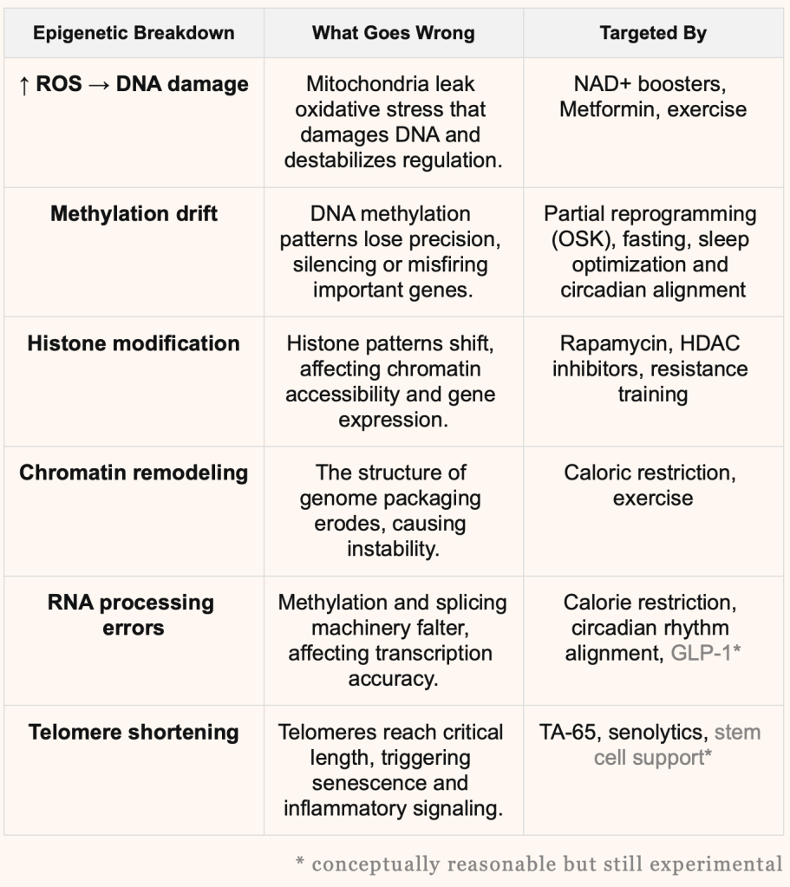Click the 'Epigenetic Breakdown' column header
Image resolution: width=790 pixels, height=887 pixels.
click(x=134, y=34)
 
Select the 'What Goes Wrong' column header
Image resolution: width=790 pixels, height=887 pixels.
click(x=394, y=34)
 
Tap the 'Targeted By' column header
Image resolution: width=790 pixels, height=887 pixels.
click(x=653, y=34)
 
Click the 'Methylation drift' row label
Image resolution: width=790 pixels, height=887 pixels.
click(x=134, y=213)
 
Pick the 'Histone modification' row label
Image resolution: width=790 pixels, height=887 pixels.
click(x=134, y=342)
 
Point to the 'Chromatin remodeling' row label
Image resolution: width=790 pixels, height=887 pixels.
click(x=134, y=473)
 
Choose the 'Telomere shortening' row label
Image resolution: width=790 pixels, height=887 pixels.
click(x=134, y=732)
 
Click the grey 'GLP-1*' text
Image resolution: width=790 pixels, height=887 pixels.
click(x=707, y=653)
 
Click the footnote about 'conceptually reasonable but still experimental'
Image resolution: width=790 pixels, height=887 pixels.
click(x=538, y=864)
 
